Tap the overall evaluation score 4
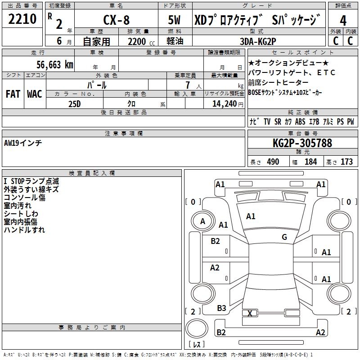pos(343,21)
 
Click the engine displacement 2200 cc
pos(138,41)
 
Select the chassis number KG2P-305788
pos(302,143)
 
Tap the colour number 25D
pos(75,103)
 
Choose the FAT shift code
pos(13,94)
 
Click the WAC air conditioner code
pos(34,94)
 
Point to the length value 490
pos(273,162)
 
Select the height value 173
pos(346,162)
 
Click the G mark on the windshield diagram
pos(284,237)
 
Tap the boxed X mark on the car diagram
pos(250,313)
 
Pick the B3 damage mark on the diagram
pos(221,308)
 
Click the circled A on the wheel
pos(203,221)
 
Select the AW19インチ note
pos(23,143)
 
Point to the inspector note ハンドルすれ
pos(24,230)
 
